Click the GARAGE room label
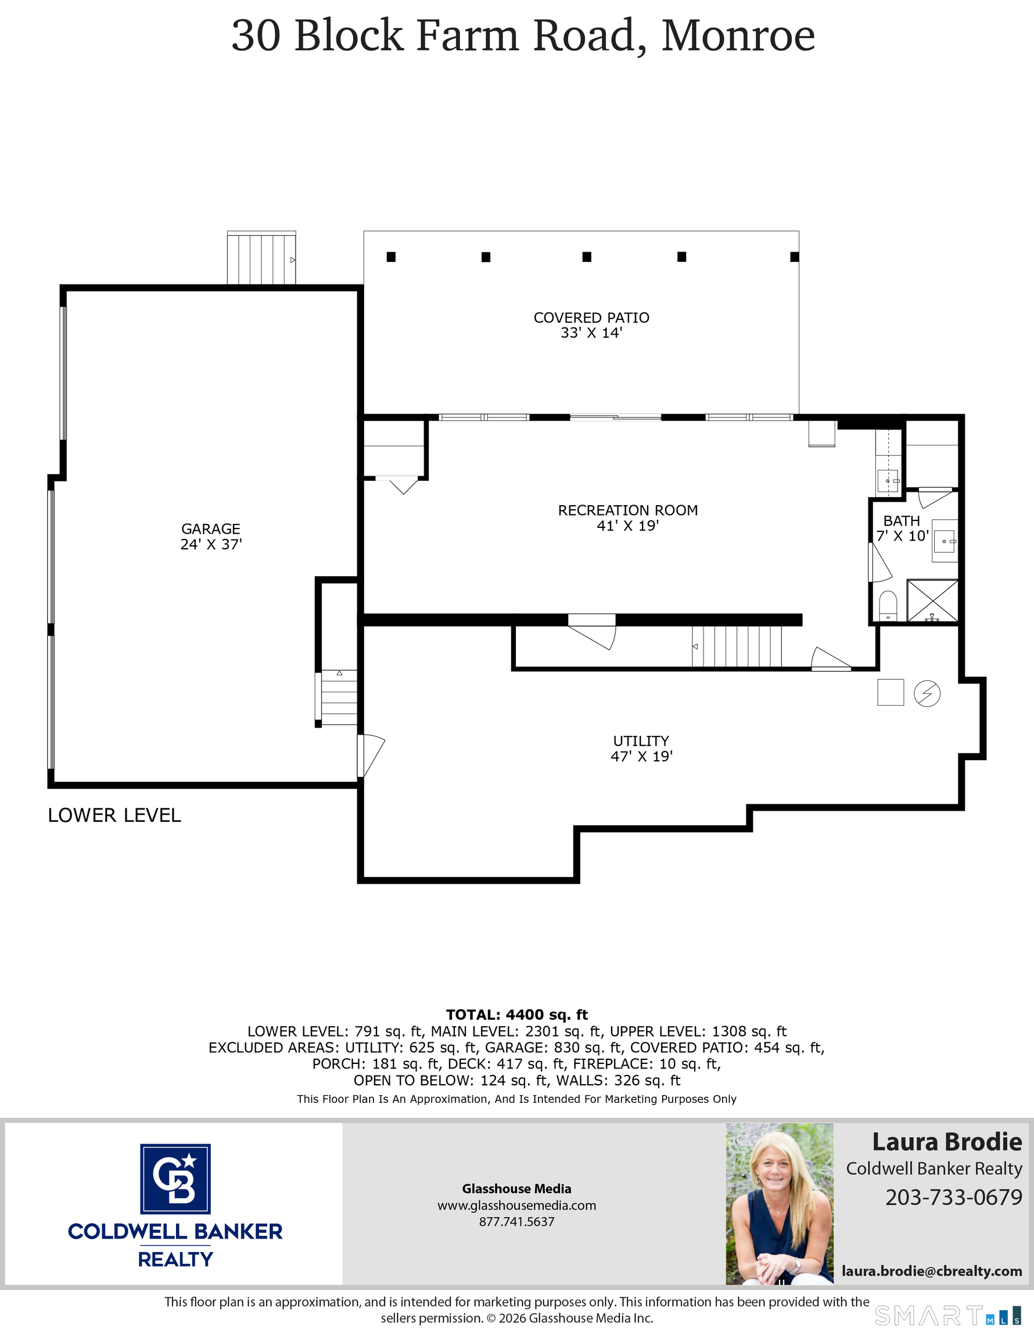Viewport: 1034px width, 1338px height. (x=211, y=536)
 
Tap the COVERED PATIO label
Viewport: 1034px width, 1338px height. (x=591, y=325)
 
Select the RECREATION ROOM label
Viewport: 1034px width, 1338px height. (x=627, y=517)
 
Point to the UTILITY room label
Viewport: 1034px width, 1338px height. (x=641, y=748)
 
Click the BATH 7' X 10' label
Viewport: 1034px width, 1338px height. (x=902, y=528)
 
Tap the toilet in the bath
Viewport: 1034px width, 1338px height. (x=888, y=605)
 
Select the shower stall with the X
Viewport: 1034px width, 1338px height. (x=932, y=600)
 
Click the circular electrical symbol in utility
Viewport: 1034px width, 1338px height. (x=927, y=693)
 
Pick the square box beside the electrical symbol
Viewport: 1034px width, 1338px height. (x=890, y=692)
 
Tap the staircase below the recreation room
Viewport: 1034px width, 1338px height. (x=737, y=646)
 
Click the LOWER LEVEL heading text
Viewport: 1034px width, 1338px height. (x=114, y=815)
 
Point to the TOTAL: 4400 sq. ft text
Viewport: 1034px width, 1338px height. (x=516, y=1015)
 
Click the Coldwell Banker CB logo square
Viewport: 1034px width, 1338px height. (x=175, y=1179)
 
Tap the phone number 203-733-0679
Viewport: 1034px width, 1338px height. (x=953, y=1196)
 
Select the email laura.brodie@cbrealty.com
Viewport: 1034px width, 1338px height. (x=932, y=1271)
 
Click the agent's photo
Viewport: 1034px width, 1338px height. (x=779, y=1203)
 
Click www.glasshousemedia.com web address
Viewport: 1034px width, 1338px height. (x=516, y=1205)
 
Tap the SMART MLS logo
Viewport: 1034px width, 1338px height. (x=947, y=1315)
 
